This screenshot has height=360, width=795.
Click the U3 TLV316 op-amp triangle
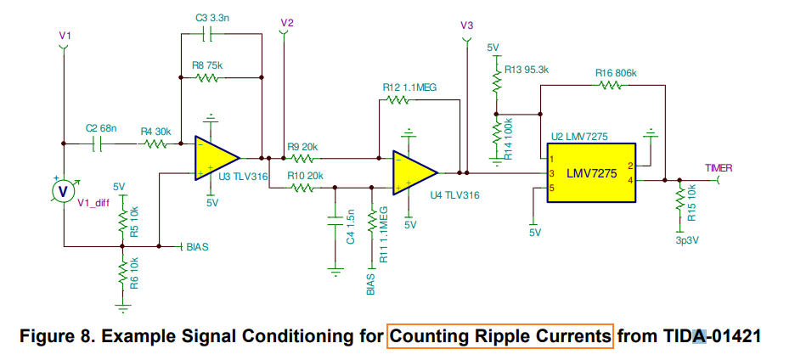(214, 158)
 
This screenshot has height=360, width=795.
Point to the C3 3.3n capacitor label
(213, 17)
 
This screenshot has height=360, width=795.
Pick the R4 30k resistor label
(156, 132)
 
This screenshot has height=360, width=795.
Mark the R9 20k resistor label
(303, 146)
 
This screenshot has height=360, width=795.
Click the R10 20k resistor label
(305, 175)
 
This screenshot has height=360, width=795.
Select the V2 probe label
(286, 23)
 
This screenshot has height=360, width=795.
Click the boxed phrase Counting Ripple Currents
(499, 335)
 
